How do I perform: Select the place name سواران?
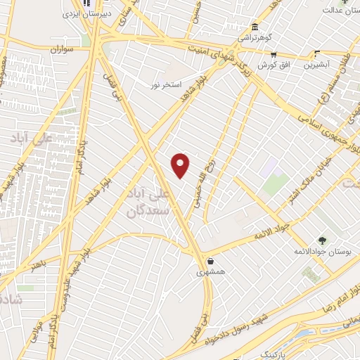tap(62, 50)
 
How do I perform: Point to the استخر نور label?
tap(166, 84)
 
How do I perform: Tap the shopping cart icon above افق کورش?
tap(274, 54)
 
